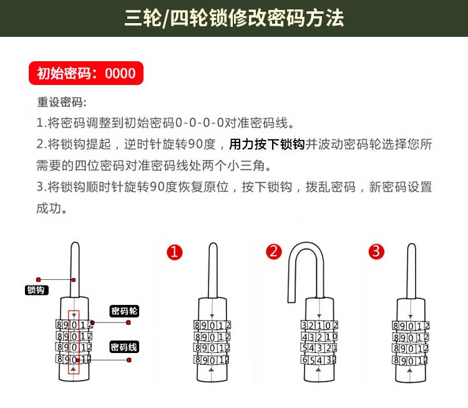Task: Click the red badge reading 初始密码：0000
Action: pyautogui.click(x=86, y=73)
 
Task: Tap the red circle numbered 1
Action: pyautogui.click(x=174, y=251)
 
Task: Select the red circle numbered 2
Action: pyautogui.click(x=274, y=251)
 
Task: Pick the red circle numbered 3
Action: pyautogui.click(x=376, y=251)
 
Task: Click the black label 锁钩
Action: pyautogui.click(x=35, y=290)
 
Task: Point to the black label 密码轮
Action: pyautogui.click(x=124, y=311)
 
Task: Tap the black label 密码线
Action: pyautogui.click(x=124, y=347)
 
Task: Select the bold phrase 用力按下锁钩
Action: pyautogui.click(x=267, y=144)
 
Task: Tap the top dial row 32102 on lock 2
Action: pyautogui.click(x=319, y=325)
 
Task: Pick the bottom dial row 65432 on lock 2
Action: pyautogui.click(x=319, y=360)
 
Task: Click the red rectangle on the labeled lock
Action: pyautogui.click(x=74, y=342)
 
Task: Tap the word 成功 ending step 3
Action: pyautogui.click(x=51, y=208)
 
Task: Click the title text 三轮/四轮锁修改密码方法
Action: pyautogui.click(x=234, y=18)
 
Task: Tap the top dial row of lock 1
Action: pyautogui.click(x=213, y=325)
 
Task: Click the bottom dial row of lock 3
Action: pyautogui.click(x=411, y=361)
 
